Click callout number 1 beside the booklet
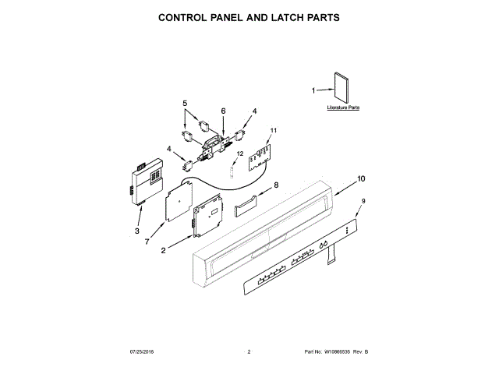pos(313,90)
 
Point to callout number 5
pos(186,103)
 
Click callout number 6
pos(223,111)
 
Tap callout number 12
pos(241,154)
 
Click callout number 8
pos(275,185)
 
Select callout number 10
pos(360,178)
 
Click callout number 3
pos(136,231)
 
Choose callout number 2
pos(163,250)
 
